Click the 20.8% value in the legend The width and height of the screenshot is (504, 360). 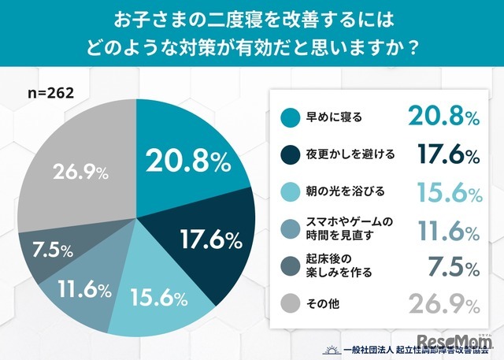443,117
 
